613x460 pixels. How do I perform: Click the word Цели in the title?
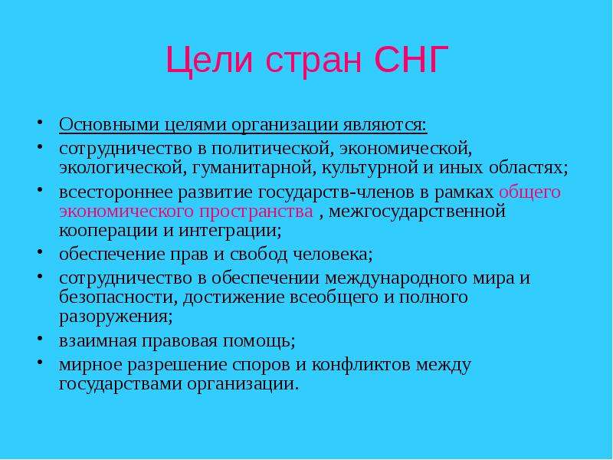209,61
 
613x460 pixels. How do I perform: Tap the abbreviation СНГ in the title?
411,59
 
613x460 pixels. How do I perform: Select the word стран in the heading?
313,62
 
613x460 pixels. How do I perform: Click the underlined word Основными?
110,125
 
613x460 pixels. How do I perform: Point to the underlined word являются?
385,126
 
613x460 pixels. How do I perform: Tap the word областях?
528,168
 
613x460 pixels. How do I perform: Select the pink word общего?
529,193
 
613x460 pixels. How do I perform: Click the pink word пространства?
256,212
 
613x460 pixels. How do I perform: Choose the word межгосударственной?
417,212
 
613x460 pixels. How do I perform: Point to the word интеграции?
230,232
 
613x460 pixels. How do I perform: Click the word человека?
333,255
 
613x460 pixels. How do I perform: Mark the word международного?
395,279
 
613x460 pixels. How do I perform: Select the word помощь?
259,341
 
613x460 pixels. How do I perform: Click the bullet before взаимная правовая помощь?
40,337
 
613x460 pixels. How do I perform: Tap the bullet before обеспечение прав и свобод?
40,251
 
